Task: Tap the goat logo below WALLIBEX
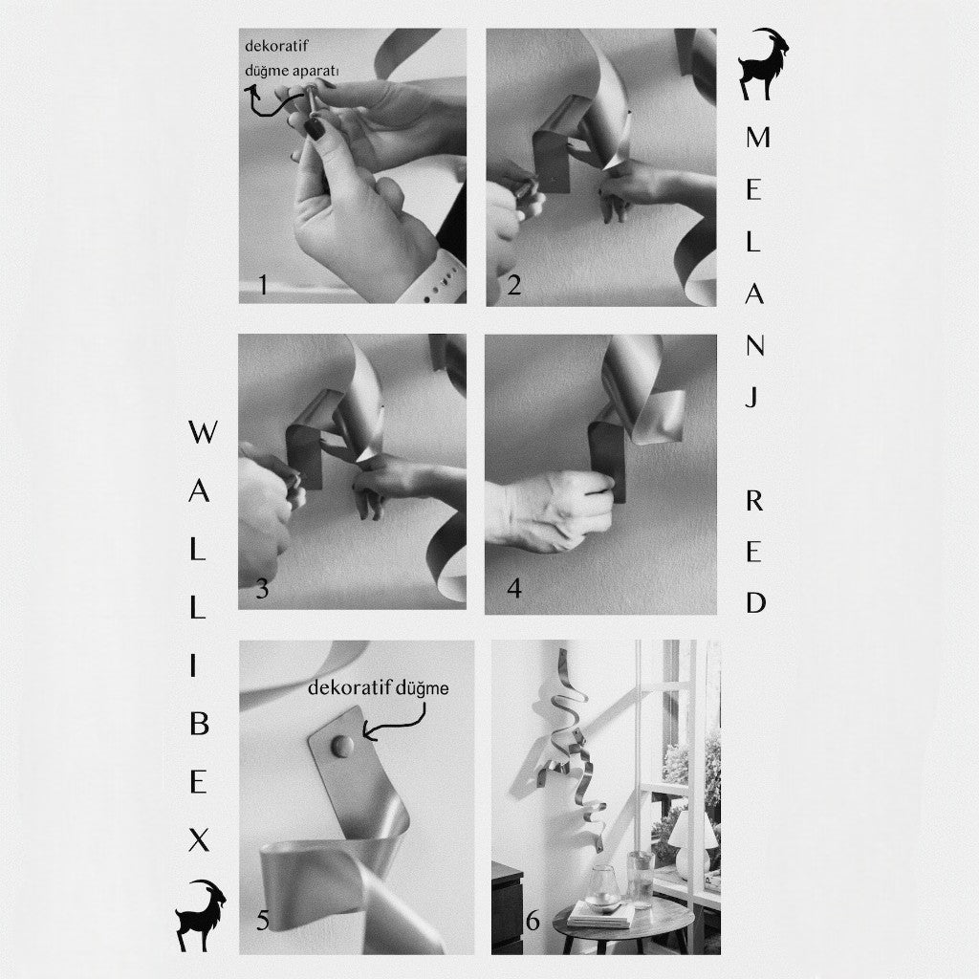point(201,915)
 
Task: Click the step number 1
point(264,285)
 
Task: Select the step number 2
point(513,285)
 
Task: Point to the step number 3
point(262,589)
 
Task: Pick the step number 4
point(514,588)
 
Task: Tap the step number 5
point(263,921)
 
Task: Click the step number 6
point(533,921)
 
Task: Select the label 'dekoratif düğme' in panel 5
point(379,688)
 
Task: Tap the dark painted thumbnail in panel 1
point(315,129)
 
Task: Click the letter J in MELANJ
point(753,396)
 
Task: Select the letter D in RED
point(755,602)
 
